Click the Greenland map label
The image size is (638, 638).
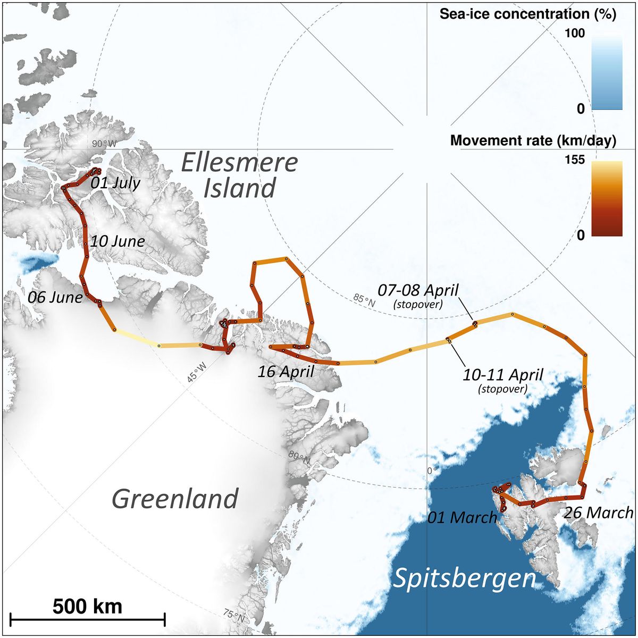point(175,499)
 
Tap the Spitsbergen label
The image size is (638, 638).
point(464,578)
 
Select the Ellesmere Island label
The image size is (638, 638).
point(239,175)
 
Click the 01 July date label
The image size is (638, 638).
point(115,183)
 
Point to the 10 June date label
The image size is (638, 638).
point(117,241)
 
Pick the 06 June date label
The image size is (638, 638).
point(55,297)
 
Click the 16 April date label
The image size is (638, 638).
point(286,371)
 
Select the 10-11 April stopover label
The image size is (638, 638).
point(503,380)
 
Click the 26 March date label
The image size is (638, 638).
point(599,513)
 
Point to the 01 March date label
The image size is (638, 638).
point(463,517)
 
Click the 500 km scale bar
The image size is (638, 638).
point(88,618)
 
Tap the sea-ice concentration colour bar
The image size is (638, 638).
point(607,72)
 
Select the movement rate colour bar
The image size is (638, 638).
point(607,198)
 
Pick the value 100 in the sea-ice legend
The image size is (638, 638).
point(574,33)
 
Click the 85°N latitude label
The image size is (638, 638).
point(364,300)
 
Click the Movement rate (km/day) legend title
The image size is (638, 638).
point(533,140)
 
